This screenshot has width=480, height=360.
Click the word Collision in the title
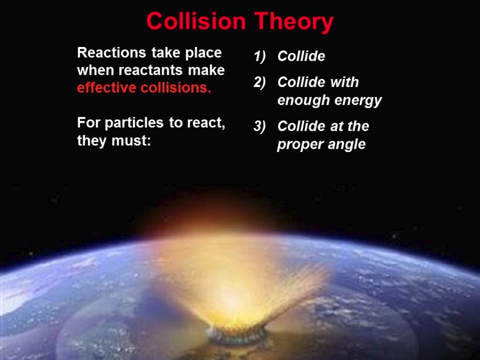[196, 21]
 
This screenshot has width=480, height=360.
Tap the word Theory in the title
[294, 22]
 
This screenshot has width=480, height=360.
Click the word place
[203, 53]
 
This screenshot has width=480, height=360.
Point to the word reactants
[150, 70]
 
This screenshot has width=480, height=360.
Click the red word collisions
[176, 87]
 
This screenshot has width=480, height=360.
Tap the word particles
[134, 123]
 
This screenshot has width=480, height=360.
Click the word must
[131, 141]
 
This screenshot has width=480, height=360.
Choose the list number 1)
[260, 57]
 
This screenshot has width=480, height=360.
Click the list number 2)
[260, 82]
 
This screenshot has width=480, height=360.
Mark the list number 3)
[260, 126]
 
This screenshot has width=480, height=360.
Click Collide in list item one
[301, 56]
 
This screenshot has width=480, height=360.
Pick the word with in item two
[345, 82]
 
